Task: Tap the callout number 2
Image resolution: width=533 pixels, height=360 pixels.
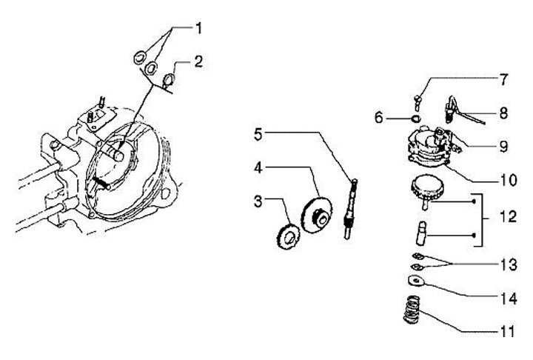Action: coord(198,63)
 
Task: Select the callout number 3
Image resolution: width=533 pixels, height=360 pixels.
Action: coord(258,202)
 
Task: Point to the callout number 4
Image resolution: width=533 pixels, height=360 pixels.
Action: coord(258,168)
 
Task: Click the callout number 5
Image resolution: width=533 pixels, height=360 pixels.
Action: coord(258,134)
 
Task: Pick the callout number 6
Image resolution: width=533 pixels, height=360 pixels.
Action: coord(378,118)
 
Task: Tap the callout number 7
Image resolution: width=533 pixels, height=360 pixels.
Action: coord(503,79)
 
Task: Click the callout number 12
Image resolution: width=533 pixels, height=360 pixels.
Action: coord(504,219)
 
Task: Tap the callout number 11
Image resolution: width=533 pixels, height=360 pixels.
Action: coord(503,332)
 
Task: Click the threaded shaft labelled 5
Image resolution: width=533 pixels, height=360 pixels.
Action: coord(349,207)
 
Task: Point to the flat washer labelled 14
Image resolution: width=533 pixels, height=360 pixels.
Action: coord(415,281)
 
